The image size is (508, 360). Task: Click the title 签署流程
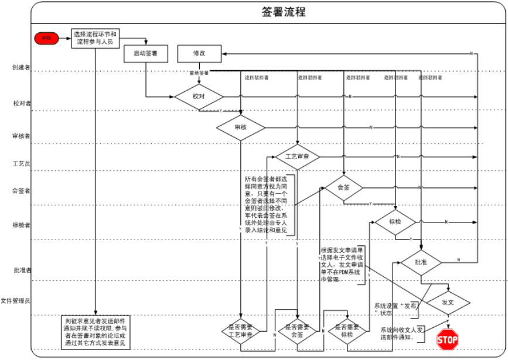tap(283, 12)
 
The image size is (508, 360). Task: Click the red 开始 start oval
tap(46, 38)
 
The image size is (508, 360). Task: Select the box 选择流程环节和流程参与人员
tap(97, 38)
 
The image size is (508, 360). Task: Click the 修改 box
tap(199, 53)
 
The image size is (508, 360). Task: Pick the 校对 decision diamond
tap(199, 97)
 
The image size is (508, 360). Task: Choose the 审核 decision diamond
tap(241, 127)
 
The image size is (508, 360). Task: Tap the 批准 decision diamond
tap(420, 262)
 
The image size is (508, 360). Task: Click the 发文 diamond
tap(448, 302)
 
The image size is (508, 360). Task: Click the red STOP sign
tap(448, 339)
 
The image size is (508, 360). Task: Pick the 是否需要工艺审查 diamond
tap(241, 331)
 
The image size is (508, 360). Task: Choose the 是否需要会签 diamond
tap(298, 331)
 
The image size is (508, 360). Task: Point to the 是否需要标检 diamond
tap(347, 331)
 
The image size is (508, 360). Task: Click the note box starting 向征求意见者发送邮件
tap(97, 331)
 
